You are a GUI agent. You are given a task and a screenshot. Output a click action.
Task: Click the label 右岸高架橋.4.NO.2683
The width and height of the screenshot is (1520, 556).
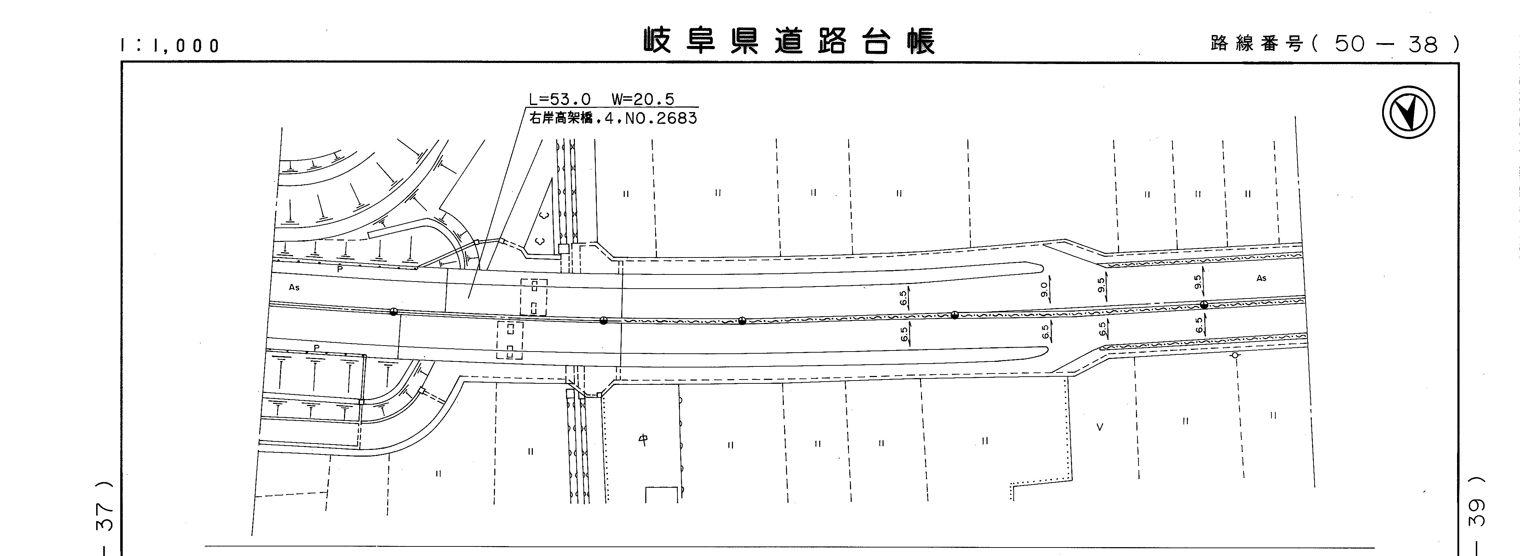coord(612,118)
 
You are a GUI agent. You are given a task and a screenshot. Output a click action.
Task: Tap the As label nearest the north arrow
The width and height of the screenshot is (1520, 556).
coord(1261,278)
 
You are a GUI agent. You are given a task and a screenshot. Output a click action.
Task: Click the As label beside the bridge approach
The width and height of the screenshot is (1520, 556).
coord(294,288)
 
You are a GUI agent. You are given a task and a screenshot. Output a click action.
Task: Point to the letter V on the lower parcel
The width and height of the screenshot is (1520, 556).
coord(1099,427)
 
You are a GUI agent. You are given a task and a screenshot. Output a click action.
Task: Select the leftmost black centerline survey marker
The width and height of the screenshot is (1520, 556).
coord(394,312)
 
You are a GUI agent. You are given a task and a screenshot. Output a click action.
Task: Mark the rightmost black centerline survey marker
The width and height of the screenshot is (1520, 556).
coord(1204,305)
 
